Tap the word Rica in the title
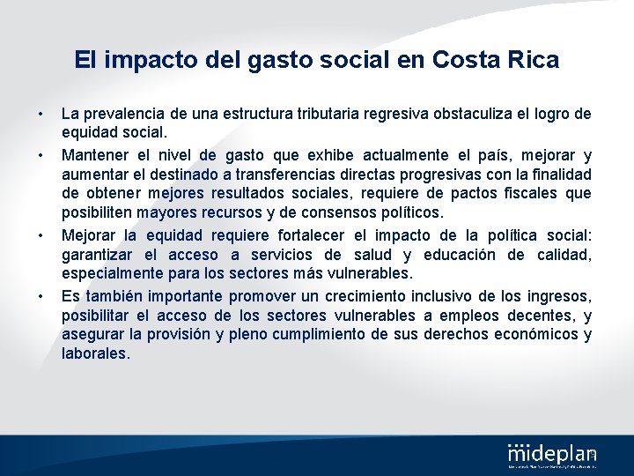click(x=532, y=60)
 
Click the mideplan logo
click(x=552, y=455)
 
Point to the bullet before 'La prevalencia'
click(x=40, y=114)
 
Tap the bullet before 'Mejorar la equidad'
click(x=40, y=236)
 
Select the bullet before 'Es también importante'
click(x=40, y=296)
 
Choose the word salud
click(x=370, y=256)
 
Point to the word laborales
click(x=95, y=353)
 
